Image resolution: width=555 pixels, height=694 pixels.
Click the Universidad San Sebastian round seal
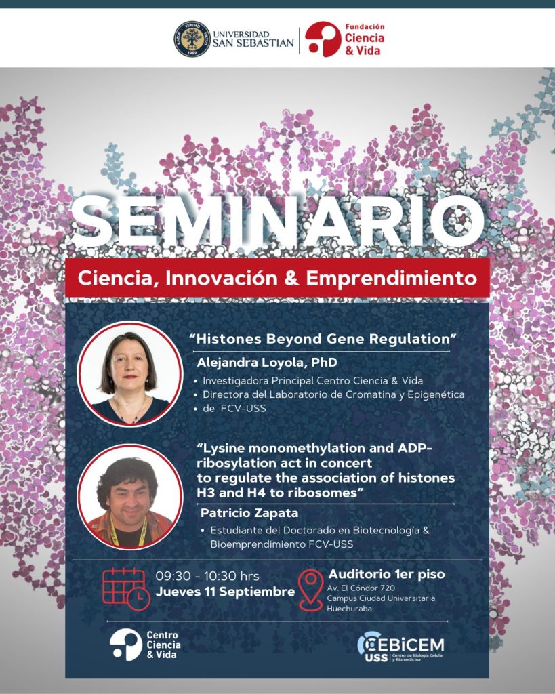click(x=192, y=39)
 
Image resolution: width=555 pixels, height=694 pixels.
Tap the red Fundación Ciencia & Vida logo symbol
click(x=323, y=39)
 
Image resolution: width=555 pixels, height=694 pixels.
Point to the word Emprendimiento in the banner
click(x=392, y=279)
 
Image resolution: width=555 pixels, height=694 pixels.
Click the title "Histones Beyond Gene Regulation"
click(x=323, y=339)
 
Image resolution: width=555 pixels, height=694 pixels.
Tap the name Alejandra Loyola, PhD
click(x=267, y=363)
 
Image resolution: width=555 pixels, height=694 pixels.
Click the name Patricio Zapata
click(x=249, y=513)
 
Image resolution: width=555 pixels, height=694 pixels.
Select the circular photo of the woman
click(x=130, y=374)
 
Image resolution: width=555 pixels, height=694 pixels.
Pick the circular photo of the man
click(x=130, y=497)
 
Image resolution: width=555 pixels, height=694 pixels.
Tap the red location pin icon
click(x=310, y=590)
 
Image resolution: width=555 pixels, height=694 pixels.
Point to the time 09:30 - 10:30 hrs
click(x=207, y=576)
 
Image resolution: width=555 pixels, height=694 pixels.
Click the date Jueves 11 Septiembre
click(x=225, y=592)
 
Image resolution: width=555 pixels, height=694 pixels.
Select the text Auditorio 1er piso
click(x=386, y=575)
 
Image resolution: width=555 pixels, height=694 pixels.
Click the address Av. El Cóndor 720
click(x=361, y=588)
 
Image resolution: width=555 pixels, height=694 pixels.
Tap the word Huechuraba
click(x=349, y=609)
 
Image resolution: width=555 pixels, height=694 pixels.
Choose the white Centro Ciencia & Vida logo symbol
click(x=126, y=645)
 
